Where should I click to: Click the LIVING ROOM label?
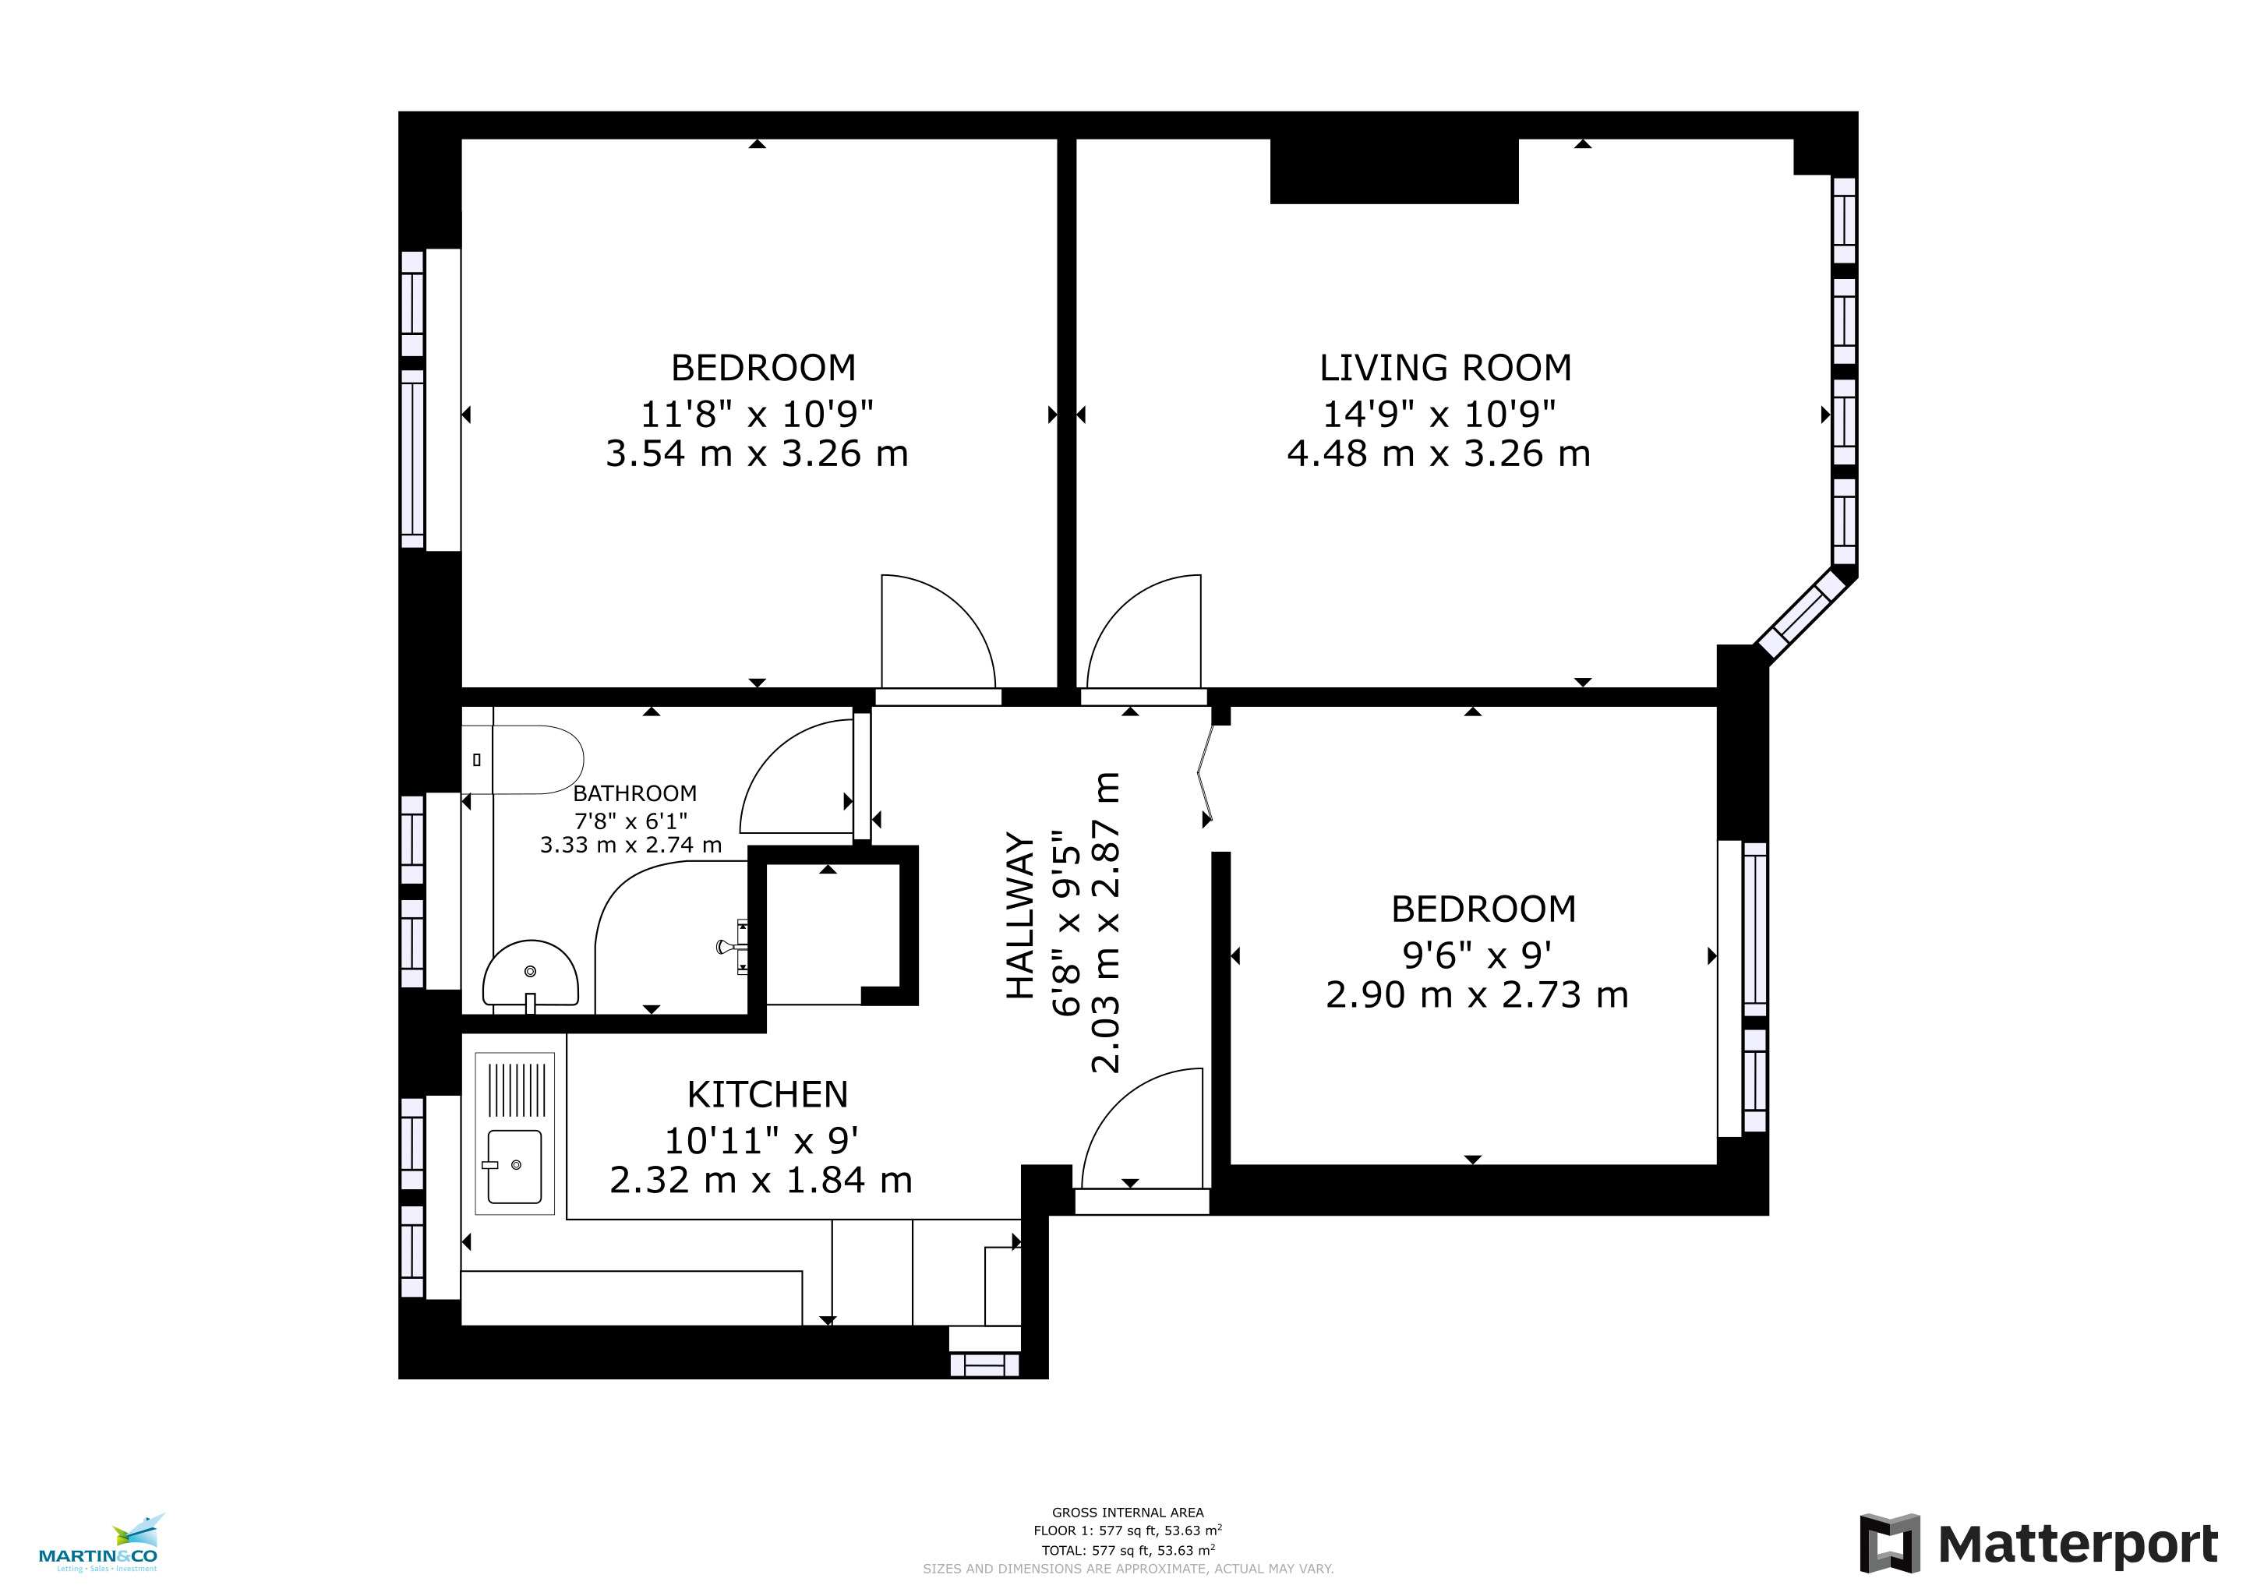[1445, 368]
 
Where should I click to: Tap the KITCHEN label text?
[767, 1094]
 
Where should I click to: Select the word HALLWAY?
[1020, 916]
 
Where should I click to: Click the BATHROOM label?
[634, 793]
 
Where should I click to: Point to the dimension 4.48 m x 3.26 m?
[1438, 453]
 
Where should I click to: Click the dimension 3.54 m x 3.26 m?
[757, 453]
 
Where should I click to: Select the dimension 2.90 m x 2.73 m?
[1477, 994]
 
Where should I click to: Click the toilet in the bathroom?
[523, 760]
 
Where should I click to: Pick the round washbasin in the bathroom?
[530, 975]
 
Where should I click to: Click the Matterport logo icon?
[1889, 1543]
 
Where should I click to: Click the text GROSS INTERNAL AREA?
[1128, 1513]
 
